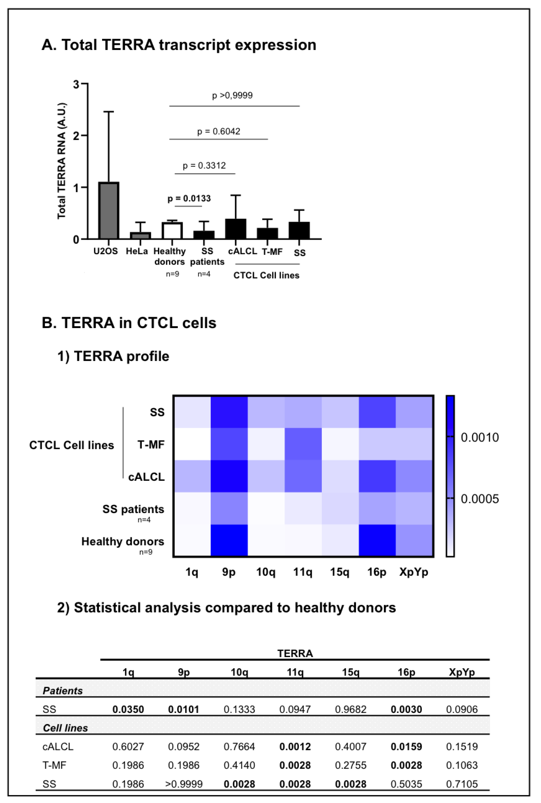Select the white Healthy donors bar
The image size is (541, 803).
point(172,231)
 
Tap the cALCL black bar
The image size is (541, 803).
point(236,229)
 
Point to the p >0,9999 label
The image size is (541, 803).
point(232,96)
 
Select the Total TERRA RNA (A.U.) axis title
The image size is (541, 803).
point(61,161)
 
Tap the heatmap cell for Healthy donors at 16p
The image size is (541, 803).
point(377,540)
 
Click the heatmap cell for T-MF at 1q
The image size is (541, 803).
point(192,444)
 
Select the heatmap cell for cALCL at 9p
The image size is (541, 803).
point(229,476)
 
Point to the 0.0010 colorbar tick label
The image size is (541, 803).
point(480,437)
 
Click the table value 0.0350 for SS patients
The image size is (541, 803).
point(128,709)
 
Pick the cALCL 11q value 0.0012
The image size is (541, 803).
point(295,747)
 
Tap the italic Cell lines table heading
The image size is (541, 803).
point(65,728)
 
